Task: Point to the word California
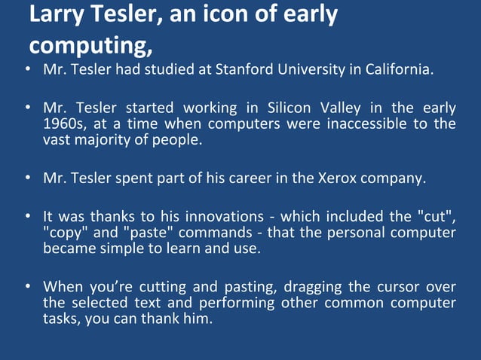click(401, 70)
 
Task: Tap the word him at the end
click(198, 318)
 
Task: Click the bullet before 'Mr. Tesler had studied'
click(27, 71)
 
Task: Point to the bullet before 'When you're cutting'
click(27, 288)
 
